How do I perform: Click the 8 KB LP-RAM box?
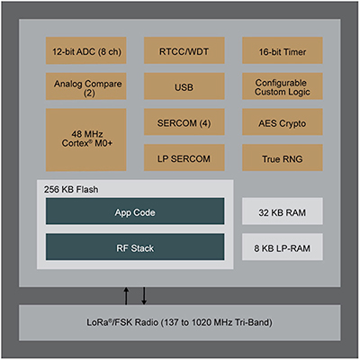[x=279, y=247]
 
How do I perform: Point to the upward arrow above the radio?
[x=126, y=296]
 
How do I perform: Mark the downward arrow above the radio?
[x=142, y=296]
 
